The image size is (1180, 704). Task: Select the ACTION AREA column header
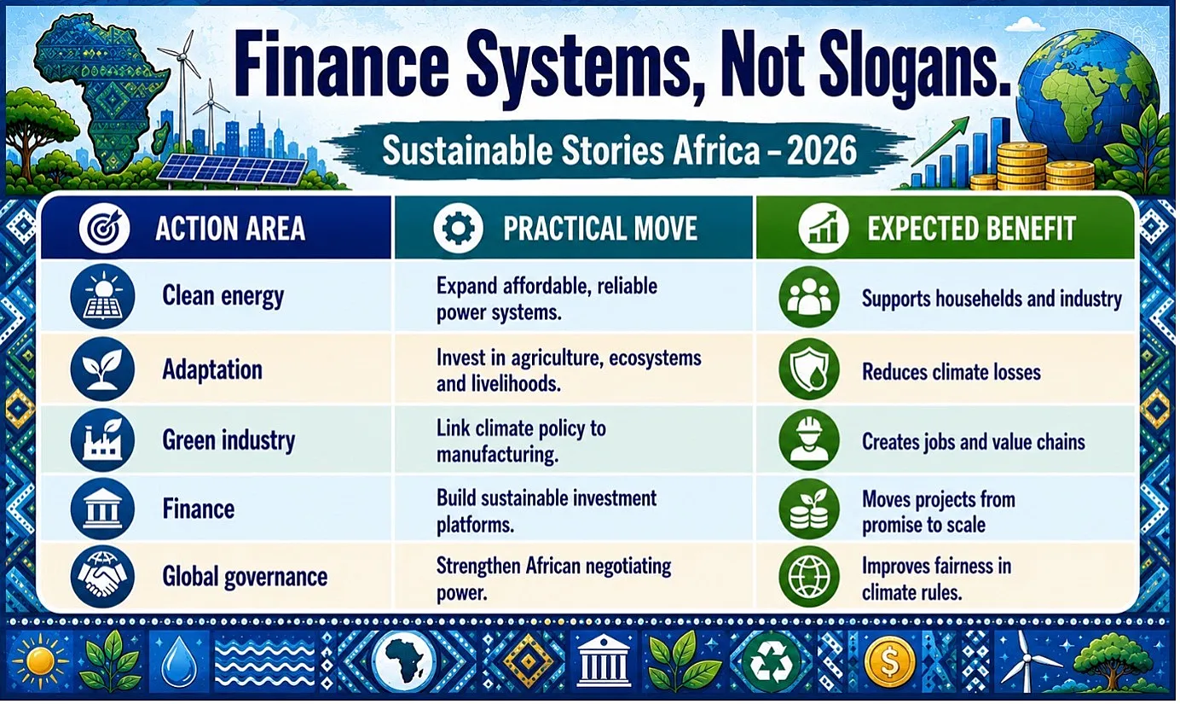tap(230, 229)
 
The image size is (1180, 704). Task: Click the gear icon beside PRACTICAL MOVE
tap(458, 229)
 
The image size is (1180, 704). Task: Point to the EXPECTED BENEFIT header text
tap(971, 229)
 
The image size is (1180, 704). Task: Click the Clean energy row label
tap(223, 296)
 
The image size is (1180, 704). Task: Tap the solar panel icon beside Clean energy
tap(102, 296)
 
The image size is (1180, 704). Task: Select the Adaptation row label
tap(212, 369)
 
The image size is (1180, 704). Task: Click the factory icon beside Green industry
tap(102, 439)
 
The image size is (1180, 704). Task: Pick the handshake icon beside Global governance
tap(102, 576)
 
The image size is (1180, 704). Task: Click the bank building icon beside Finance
tap(102, 509)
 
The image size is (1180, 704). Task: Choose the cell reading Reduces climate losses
tap(952, 372)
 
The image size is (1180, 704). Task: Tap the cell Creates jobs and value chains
tap(974, 442)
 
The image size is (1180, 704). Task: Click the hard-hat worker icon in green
tap(809, 439)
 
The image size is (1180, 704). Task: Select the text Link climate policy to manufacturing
tap(521, 441)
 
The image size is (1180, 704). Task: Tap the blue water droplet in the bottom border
tap(179, 662)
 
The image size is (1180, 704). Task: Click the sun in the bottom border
tap(40, 661)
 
